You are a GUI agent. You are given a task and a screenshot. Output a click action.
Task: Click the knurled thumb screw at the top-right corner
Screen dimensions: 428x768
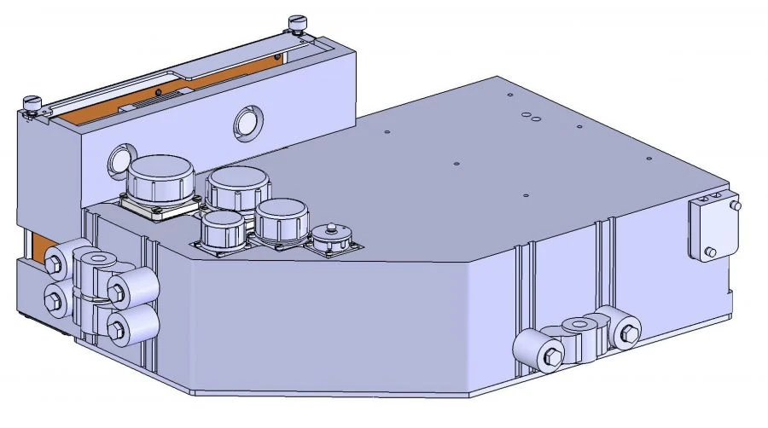(297, 20)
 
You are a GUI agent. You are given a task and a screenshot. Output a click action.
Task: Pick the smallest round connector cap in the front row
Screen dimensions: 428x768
(222, 230)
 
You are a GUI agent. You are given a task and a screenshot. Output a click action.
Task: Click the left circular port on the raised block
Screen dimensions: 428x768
(119, 158)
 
